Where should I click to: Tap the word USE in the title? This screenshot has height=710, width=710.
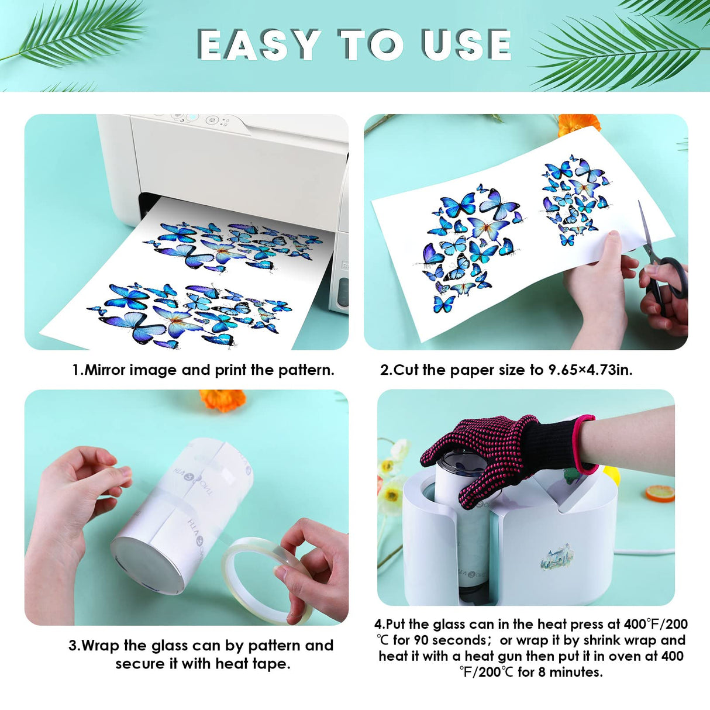tap(467, 44)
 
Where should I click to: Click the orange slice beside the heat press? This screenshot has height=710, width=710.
tap(660, 494)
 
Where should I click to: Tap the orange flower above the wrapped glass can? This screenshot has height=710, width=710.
tap(222, 400)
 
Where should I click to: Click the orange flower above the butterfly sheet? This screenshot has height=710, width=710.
tap(578, 124)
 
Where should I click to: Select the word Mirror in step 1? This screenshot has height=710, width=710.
tap(105, 370)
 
